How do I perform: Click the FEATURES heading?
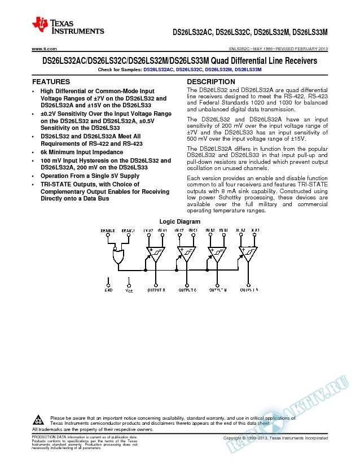52,82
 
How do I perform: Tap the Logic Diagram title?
180,221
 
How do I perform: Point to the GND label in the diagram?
108,289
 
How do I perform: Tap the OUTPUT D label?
156,289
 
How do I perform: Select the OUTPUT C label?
188,289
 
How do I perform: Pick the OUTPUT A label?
249,289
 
